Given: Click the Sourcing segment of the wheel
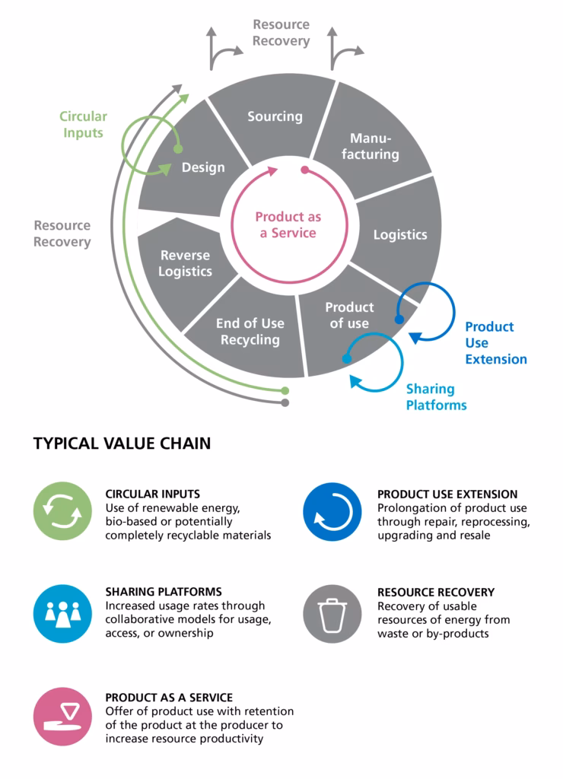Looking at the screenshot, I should (x=275, y=116).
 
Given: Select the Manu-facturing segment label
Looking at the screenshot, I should (x=370, y=146).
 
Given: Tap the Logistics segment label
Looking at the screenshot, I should (x=400, y=234).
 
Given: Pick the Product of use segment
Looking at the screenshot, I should (x=349, y=315).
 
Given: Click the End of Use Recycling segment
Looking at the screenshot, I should (x=250, y=331).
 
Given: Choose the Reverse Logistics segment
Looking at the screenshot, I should (x=185, y=263).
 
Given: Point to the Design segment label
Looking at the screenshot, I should (x=203, y=167).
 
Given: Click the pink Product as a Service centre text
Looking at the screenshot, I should (x=288, y=224).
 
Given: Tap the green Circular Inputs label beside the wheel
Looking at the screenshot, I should (x=84, y=125).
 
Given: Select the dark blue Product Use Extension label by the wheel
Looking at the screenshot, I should (x=495, y=342).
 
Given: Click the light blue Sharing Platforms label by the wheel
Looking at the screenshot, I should (x=436, y=396).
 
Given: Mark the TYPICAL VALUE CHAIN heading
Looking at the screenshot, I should (x=122, y=444).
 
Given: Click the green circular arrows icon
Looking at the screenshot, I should (x=62, y=511).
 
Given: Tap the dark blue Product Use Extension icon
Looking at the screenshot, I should (x=332, y=511).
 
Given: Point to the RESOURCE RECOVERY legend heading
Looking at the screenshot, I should (x=436, y=592).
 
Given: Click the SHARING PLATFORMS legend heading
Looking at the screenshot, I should (x=164, y=591).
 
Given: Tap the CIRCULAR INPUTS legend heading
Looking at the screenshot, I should (x=153, y=494).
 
